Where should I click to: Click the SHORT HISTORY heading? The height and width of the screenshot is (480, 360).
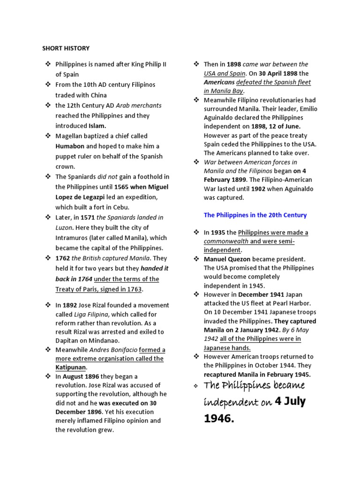coord(66,48)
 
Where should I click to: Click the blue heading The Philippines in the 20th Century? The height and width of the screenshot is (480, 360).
coord(255,215)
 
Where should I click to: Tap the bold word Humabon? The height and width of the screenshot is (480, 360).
coord(70,146)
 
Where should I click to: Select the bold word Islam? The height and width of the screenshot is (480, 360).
coord(97,126)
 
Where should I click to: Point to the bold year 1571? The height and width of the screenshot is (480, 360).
coord(88,217)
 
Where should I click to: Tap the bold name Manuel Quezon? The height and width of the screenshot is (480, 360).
coord(227,259)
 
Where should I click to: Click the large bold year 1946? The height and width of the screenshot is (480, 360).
coord(218,419)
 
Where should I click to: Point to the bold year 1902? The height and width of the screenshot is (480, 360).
coord(259,189)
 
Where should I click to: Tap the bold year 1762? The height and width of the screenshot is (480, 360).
coord(63,258)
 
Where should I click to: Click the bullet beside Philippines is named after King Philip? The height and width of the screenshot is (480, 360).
coord(47,64)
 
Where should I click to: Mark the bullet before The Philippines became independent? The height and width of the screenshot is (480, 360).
coord(196,386)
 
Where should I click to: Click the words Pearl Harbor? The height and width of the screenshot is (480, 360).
coord(292,303)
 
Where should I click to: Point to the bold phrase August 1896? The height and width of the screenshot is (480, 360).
coord(81,376)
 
